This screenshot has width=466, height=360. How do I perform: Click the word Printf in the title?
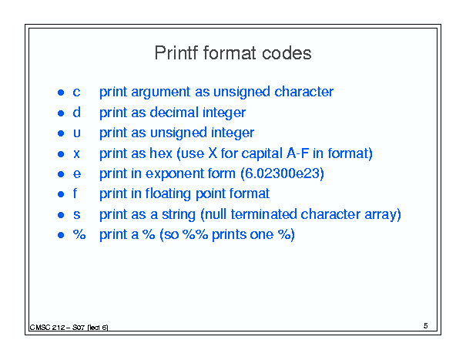coord(176,53)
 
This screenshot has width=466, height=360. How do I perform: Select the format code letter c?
coord(76,93)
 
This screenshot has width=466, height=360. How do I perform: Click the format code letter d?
coord(77,113)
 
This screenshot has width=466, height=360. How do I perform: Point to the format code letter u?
coord(77,133)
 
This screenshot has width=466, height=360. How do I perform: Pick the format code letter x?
coord(77,154)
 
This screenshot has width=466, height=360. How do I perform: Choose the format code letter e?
coord(77,173)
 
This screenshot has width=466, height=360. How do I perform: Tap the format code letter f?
coord(75,193)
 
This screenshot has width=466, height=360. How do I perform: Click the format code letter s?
coord(77,214)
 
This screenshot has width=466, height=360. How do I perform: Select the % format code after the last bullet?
coord(79,234)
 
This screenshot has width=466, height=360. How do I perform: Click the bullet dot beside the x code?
coord(61,154)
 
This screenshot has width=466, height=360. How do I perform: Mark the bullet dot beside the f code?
coord(61,194)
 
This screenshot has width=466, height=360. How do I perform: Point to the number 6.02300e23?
coord(282,173)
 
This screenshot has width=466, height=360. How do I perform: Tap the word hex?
coord(161,153)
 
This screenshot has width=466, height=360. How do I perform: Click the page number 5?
coord(426,326)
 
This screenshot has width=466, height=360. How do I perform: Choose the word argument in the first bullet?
coord(160,93)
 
